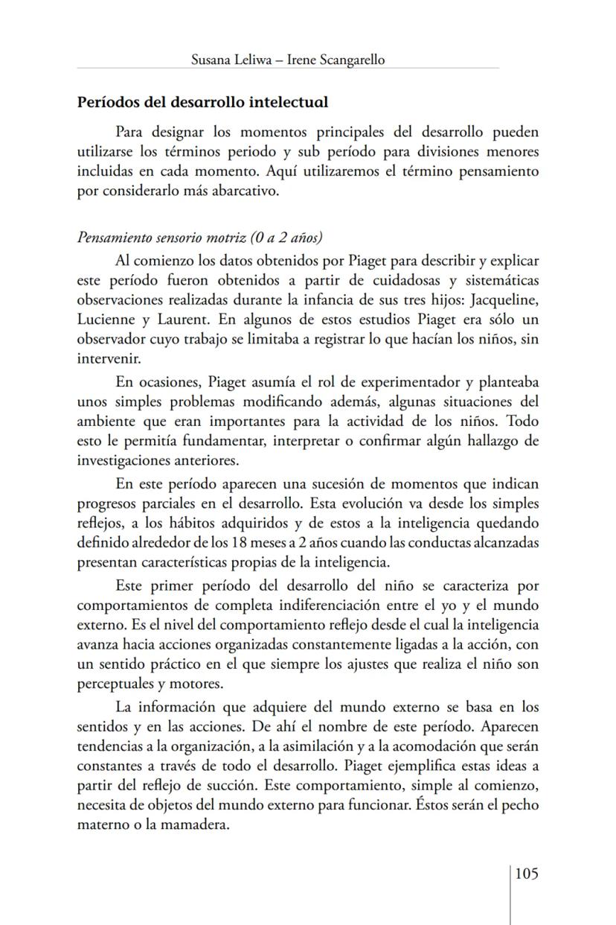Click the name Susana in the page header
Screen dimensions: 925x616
click(x=214, y=60)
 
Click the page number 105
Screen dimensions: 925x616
click(x=526, y=874)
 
